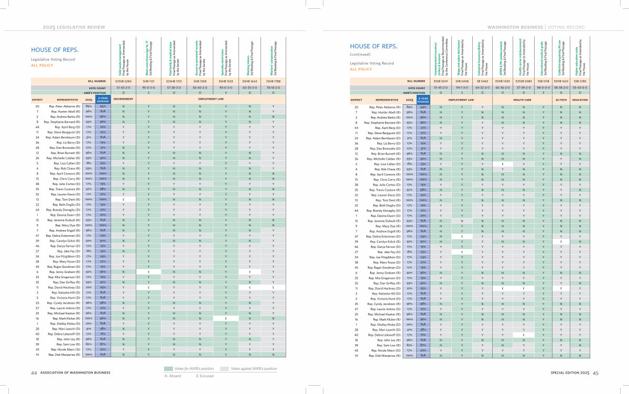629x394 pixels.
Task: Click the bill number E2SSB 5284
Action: tap(123, 82)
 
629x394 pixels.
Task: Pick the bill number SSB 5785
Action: tap(580, 82)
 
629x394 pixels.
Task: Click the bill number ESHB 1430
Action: tap(503, 82)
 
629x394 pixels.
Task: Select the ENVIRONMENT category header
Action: tap(123, 98)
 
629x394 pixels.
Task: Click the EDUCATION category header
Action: tap(580, 98)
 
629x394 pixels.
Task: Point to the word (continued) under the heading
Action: tap(360, 55)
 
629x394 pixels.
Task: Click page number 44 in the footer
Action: tap(34, 373)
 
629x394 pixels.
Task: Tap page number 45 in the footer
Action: tap(595, 373)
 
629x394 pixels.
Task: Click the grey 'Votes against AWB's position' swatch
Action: tap(225, 369)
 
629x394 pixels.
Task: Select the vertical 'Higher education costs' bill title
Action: tap(577, 55)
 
